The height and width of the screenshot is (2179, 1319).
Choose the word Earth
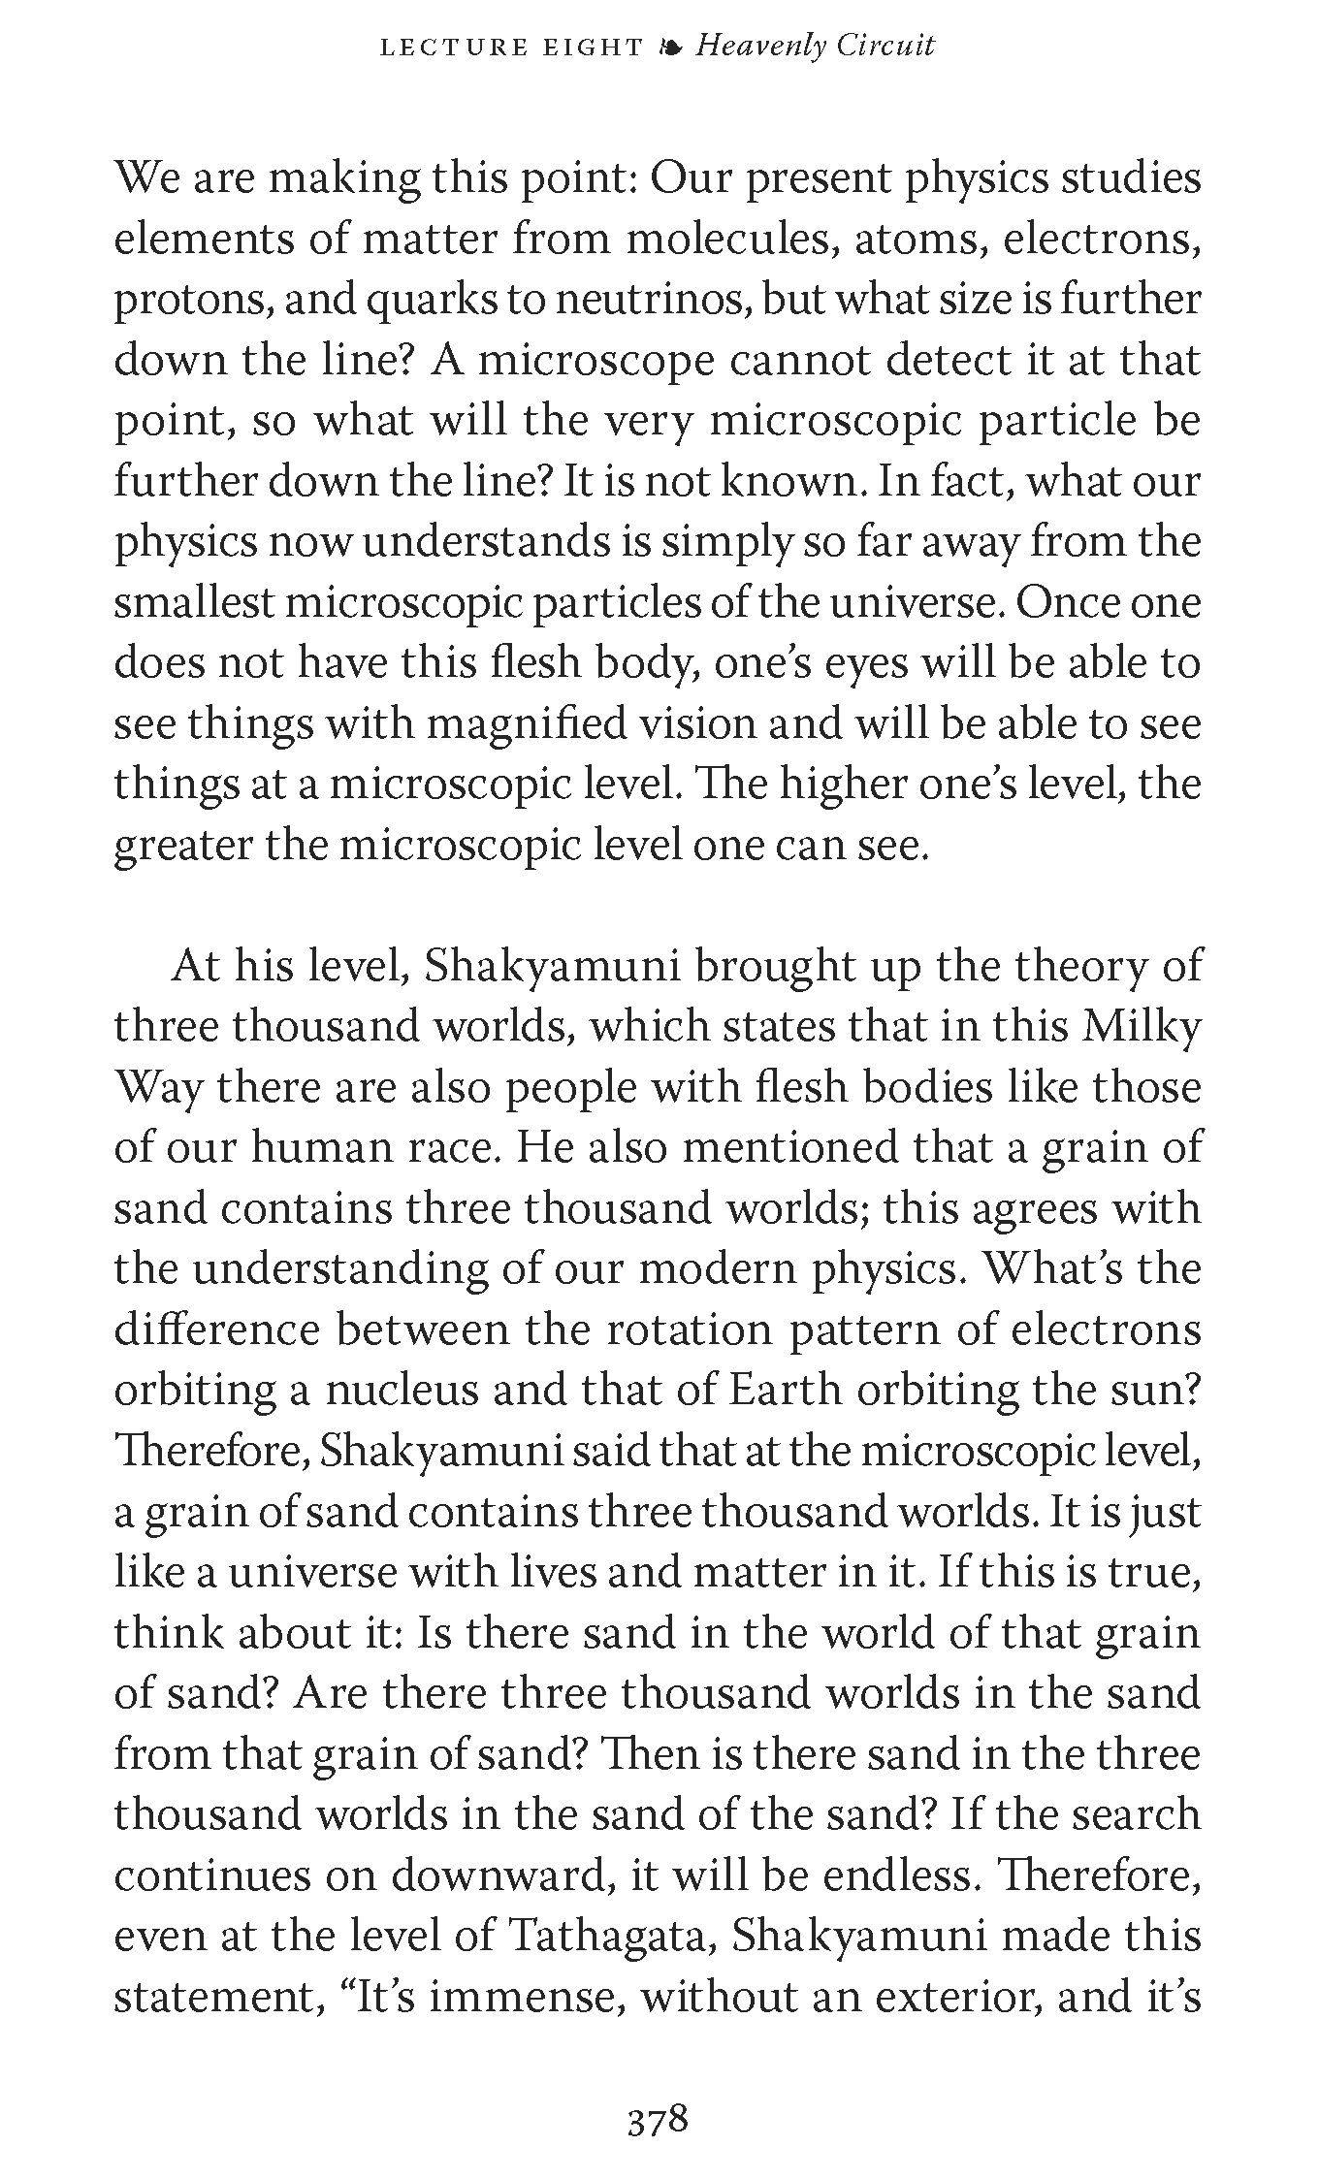coord(785,1390)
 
